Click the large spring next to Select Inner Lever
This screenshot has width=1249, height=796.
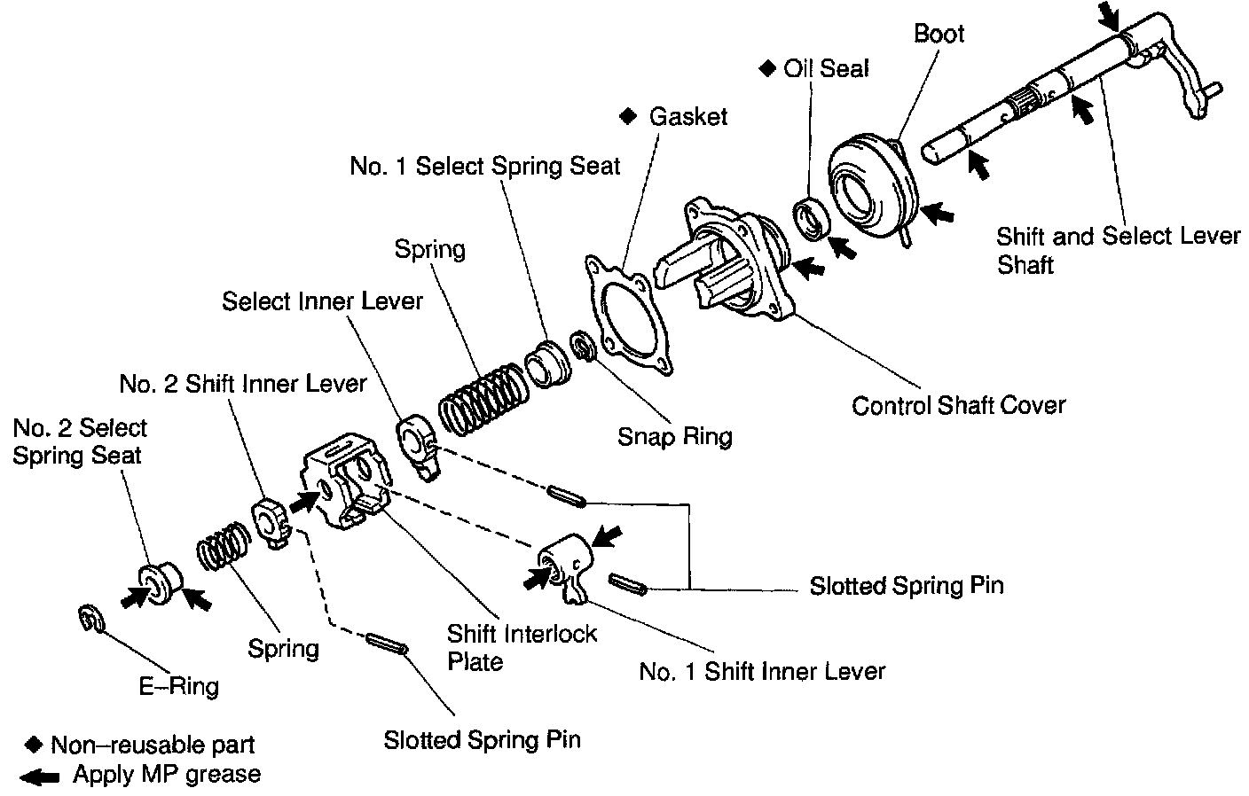point(483,398)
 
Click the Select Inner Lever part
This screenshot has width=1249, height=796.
point(418,447)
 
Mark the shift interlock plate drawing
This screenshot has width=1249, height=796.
point(346,480)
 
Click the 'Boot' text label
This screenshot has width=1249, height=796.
point(939,34)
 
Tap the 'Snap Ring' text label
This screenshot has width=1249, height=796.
point(675,437)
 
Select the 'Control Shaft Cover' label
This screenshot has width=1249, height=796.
point(959,405)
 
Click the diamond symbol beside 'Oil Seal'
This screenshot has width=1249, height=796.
point(767,68)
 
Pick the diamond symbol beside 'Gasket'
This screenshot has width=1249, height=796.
point(628,116)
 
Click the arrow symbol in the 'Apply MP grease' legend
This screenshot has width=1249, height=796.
point(39,776)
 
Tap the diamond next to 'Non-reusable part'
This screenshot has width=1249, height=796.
point(34,745)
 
